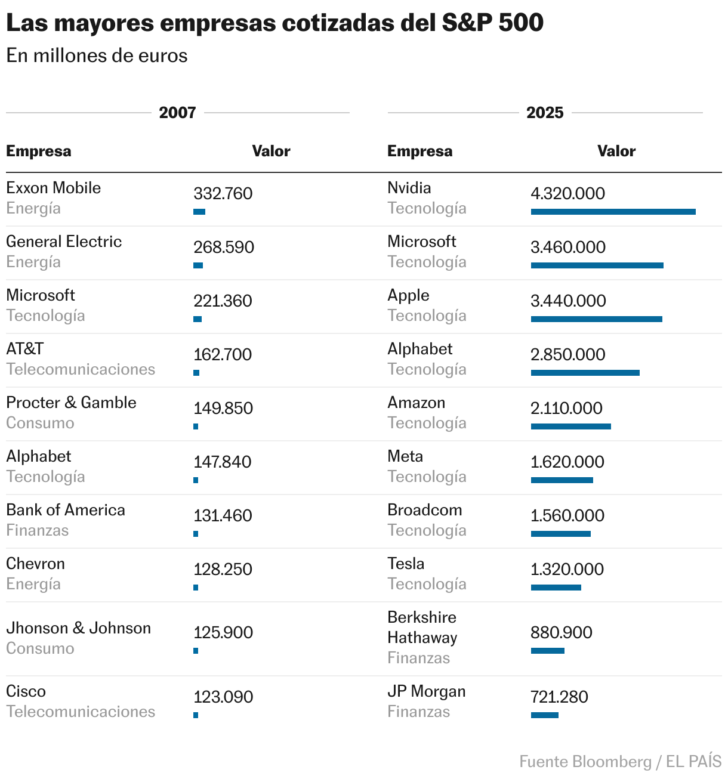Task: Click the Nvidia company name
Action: coord(409,188)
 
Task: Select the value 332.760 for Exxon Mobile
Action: coord(223,194)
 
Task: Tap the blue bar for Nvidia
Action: coord(613,212)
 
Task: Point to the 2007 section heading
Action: coord(177,113)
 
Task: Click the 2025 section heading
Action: coord(544,113)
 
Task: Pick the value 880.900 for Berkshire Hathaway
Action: coord(561,633)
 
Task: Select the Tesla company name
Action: coord(406,564)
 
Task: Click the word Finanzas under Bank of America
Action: coord(37,530)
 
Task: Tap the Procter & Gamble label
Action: coord(71,403)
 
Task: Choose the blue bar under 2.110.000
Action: coord(570,426)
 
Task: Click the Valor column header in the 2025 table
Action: coord(616,151)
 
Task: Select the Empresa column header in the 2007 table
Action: coord(38,151)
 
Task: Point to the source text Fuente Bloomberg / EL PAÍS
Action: coord(620,762)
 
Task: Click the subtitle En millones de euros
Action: coord(97,55)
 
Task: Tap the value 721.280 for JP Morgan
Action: coord(559,697)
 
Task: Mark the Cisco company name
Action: coord(26,691)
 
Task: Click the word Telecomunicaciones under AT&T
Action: coord(81,369)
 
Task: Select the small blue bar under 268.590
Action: coord(198,265)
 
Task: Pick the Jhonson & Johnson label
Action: coord(78,628)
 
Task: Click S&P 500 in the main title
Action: coord(492,23)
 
